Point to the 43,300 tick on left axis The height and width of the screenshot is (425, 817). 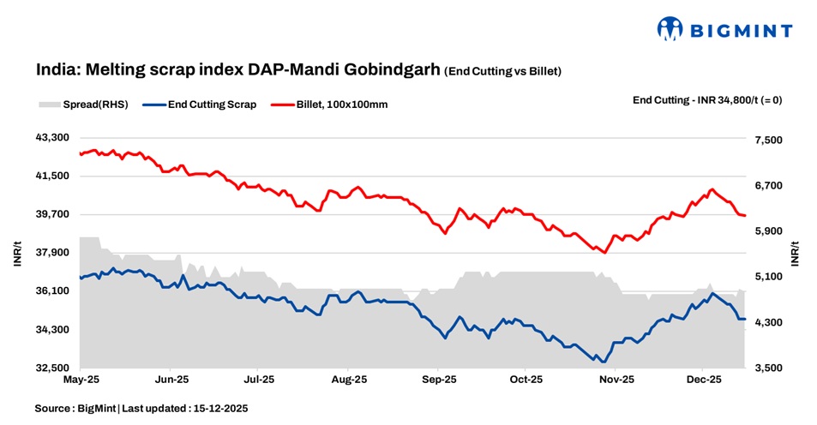point(51,137)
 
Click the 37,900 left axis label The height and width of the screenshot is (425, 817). point(51,253)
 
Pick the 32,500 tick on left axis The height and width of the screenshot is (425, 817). point(51,368)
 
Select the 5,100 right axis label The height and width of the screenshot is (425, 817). point(768,277)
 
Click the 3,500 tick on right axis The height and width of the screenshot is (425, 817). point(768,368)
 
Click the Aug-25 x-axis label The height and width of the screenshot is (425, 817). point(349,378)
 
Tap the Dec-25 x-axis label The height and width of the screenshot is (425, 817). point(703,378)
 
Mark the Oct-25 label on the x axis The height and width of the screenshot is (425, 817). point(526,378)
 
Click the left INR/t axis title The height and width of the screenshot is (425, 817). point(17,254)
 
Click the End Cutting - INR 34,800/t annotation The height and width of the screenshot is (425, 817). point(706,99)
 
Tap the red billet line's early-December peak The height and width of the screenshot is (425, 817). point(711,189)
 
